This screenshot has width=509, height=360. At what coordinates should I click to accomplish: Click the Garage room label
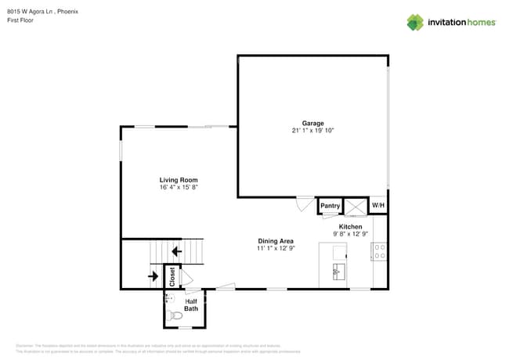(x=312, y=123)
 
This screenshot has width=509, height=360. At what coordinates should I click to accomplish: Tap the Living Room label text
(x=179, y=180)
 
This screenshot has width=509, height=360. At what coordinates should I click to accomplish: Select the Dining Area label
(x=276, y=240)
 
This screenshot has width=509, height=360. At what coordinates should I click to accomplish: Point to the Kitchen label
(x=350, y=226)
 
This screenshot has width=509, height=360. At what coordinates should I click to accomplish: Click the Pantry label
(x=330, y=206)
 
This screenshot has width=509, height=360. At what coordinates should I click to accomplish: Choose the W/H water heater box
(x=378, y=206)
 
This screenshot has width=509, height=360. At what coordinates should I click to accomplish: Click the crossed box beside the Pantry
(x=356, y=206)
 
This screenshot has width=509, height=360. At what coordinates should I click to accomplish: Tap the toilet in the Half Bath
(x=173, y=316)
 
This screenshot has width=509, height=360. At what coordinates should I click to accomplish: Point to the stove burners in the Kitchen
(x=380, y=252)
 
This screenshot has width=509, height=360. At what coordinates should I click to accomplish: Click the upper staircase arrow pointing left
(x=176, y=251)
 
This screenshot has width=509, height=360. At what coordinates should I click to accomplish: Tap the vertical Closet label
(x=173, y=276)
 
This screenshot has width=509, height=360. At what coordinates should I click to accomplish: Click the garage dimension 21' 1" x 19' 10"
(x=312, y=131)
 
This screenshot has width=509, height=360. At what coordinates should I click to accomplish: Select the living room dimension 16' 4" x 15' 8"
(x=179, y=188)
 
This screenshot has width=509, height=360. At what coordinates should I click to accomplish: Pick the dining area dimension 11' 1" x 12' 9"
(x=276, y=248)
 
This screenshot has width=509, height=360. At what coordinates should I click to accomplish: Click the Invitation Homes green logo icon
(x=415, y=22)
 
